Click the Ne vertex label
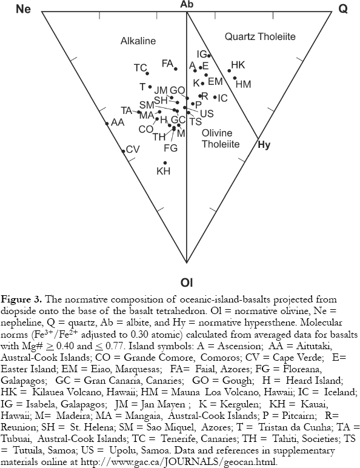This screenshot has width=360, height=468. click(x=23, y=9)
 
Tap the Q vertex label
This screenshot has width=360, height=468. click(x=343, y=9)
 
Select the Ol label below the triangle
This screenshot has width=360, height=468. click(x=187, y=282)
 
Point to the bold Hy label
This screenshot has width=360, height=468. click(x=264, y=145)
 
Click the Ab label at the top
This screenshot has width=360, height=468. click(x=187, y=4)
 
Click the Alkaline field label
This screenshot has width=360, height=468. click(x=138, y=41)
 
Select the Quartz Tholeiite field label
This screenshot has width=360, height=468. click(x=260, y=37)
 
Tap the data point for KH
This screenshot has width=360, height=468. click(x=165, y=163)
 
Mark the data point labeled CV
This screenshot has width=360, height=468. click(x=123, y=152)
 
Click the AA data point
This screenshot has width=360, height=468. click(x=107, y=123)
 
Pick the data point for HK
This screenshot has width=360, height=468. click(x=229, y=71)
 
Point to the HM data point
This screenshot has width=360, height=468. click(x=235, y=78)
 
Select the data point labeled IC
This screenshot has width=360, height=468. click(x=215, y=97)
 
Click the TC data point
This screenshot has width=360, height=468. click(x=147, y=73)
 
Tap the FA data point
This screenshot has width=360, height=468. click(x=176, y=69)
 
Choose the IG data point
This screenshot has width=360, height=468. click(x=209, y=56)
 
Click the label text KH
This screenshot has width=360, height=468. click(x=163, y=172)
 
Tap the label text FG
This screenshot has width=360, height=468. click(x=171, y=148)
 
